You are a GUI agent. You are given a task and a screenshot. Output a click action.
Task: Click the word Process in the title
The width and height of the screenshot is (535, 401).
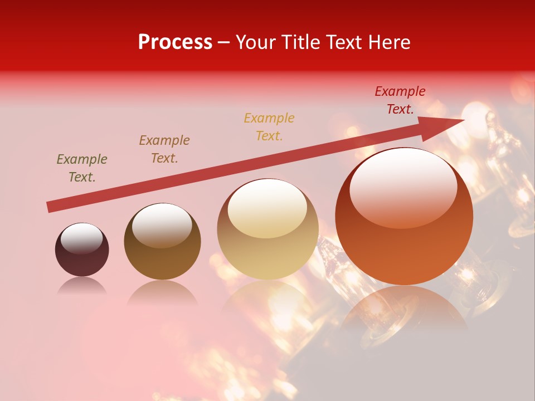coord(175,42)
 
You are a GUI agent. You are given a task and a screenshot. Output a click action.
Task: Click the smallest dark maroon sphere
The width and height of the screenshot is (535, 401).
coord(82,256)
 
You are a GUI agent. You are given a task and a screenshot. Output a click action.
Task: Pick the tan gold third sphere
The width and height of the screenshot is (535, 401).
coord(267,251)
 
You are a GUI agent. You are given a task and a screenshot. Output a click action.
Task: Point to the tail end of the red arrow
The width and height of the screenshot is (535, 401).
coord(49,207)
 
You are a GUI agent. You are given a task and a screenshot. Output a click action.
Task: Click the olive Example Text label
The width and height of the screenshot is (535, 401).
coord(82,168)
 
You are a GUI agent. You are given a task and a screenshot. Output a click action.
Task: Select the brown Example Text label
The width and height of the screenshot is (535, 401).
coord(164,149)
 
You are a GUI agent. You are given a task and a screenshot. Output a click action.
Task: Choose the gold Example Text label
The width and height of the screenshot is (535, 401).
coord(269,126)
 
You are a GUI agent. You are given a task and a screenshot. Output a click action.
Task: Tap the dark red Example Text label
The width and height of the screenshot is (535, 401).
coord(400,100)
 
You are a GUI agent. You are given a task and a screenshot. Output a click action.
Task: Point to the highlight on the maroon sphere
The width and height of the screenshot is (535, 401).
coord(82,238)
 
